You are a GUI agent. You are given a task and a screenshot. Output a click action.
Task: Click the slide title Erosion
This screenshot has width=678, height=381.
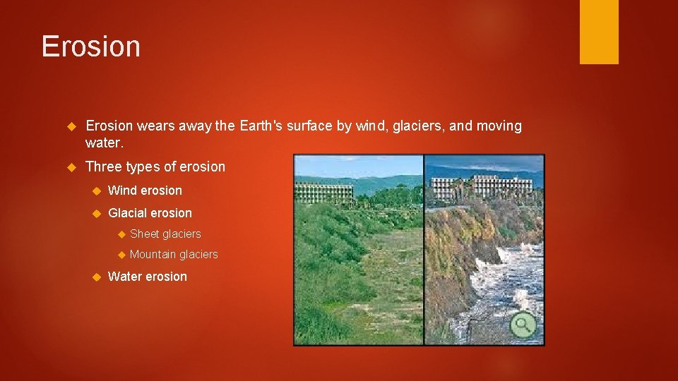coord(90,47)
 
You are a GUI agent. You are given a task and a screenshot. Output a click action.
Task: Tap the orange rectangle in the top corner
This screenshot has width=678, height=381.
coord(599,32)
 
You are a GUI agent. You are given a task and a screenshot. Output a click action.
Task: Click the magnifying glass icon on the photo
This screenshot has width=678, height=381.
coord(523,325)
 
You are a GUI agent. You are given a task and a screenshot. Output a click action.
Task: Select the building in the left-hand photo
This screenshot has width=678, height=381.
coord(323,191)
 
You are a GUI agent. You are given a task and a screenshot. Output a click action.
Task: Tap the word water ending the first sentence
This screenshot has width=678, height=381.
coord(103,143)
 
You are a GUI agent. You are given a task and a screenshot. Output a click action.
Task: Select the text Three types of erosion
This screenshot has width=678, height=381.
coord(155,167)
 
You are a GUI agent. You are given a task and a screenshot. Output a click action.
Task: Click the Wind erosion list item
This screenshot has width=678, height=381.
coord(145,190)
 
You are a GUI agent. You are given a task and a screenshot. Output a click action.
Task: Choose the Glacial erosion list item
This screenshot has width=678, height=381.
coord(150,213)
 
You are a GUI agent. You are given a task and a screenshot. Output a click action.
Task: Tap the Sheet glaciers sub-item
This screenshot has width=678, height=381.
coord(165,234)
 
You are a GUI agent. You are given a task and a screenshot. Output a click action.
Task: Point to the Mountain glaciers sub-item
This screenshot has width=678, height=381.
coord(174,254)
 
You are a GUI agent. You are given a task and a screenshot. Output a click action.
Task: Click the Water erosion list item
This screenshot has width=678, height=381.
coord(148,277)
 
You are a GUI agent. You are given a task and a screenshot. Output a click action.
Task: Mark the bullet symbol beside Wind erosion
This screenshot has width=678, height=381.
coord(97,190)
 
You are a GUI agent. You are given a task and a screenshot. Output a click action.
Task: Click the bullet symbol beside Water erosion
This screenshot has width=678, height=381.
coord(97,277)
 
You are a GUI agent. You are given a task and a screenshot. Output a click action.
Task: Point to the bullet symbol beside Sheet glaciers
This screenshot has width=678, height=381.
coord(121,234)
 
